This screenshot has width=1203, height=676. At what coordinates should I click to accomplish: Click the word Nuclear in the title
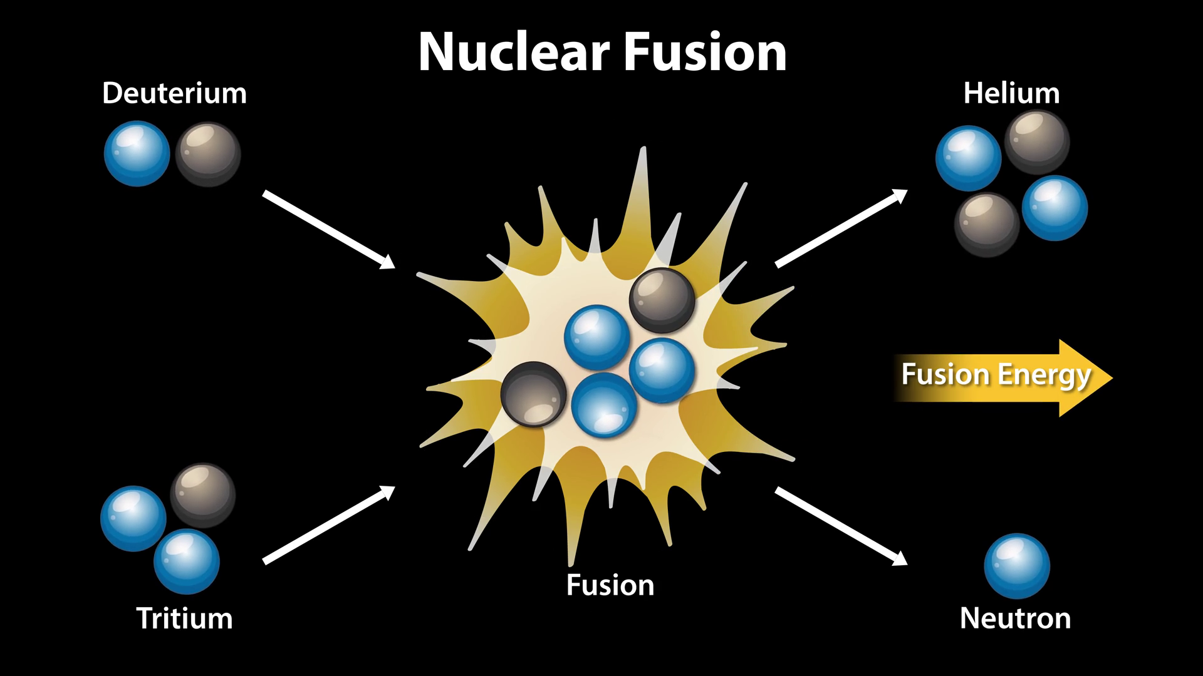point(514,53)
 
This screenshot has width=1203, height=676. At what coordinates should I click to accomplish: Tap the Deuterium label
point(174,94)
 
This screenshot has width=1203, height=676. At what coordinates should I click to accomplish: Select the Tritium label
point(184,618)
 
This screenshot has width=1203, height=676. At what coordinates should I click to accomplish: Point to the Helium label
point(1011,94)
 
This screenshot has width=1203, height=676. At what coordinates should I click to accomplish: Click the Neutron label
point(1015,618)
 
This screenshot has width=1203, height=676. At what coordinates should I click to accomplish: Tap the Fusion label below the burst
point(610,585)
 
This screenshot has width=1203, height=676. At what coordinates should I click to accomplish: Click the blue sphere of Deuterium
point(137,153)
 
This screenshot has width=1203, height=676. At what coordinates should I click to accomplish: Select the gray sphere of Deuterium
point(208,154)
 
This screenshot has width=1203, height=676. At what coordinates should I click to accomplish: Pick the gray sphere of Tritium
point(202,496)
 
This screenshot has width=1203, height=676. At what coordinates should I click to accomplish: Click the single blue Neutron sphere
point(1017,566)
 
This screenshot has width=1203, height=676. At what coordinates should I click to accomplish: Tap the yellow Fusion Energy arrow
point(1002,377)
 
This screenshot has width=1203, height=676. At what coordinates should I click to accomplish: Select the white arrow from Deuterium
point(328,229)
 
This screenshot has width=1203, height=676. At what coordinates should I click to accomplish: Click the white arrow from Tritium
point(328,525)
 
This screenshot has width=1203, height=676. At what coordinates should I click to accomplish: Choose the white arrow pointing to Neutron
point(841,526)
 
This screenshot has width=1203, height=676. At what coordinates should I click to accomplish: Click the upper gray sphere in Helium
point(1037,143)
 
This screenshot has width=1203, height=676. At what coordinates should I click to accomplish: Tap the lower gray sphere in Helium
point(987,225)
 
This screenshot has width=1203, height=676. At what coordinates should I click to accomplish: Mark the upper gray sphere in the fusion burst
point(662,300)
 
